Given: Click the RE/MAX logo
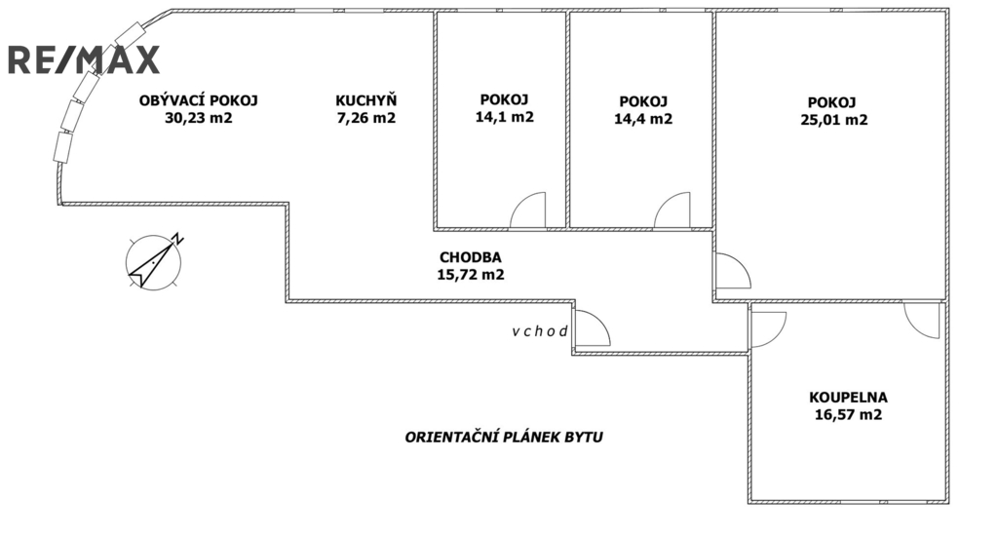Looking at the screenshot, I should pos(83,59).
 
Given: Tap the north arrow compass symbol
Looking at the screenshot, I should pos(154,261).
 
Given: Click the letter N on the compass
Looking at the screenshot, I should pos(177,237).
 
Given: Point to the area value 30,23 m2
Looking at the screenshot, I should pos(199,119).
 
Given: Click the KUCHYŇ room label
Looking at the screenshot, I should pos(365,100).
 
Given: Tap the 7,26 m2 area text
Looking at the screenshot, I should pos(365,119).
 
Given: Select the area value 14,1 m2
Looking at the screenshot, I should pos(504,118).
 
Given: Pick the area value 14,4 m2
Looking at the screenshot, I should pos(642,119).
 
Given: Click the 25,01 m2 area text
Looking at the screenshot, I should pos(830,121).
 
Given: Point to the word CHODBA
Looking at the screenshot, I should pos(470,257).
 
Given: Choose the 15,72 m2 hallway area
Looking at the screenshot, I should pos(470,275).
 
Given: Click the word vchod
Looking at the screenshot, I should pos(540,331).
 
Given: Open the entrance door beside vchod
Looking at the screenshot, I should pos(591,329).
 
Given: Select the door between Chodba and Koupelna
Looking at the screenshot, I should pos(768,327).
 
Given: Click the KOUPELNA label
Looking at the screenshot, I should pos(848,397).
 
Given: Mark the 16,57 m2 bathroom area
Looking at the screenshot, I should pos(848,415).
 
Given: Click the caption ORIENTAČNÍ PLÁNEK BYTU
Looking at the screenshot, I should pos(504,438).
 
